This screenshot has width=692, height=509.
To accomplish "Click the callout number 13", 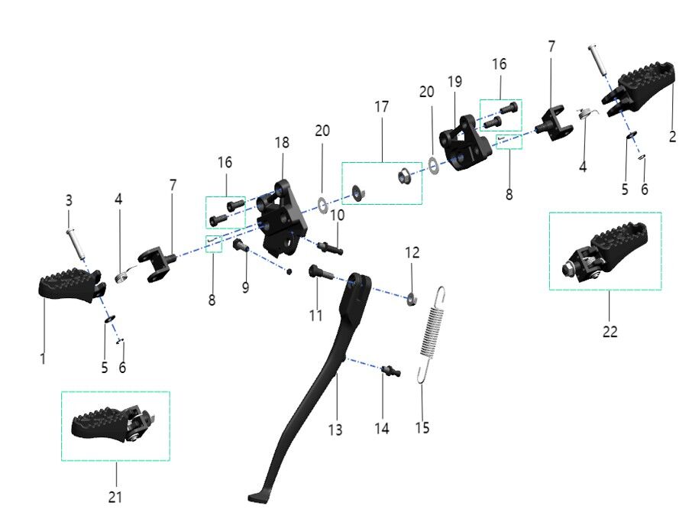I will (335, 430).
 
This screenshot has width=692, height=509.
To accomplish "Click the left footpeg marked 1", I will (69, 287).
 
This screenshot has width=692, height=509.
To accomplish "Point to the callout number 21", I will (115, 497).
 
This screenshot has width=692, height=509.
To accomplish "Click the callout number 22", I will (609, 332).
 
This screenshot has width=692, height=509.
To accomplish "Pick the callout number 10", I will (337, 216).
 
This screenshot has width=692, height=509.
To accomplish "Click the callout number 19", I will (455, 82).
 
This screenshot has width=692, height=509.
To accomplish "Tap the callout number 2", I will (672, 137).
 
